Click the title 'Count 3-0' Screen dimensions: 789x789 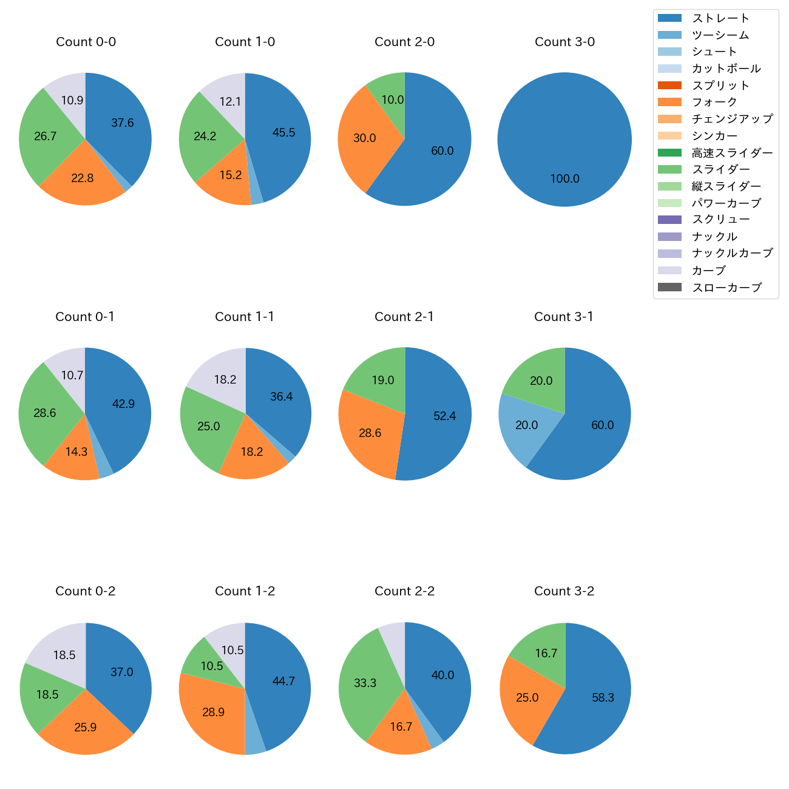[x=564, y=42]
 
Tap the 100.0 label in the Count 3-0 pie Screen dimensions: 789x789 [x=565, y=179]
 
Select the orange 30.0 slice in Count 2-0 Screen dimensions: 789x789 [x=364, y=138]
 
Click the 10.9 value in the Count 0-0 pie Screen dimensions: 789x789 [x=72, y=101]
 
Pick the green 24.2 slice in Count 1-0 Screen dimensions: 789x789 [x=205, y=137]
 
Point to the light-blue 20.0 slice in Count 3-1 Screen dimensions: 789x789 [x=526, y=425]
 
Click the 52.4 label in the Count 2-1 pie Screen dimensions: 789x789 [x=445, y=416]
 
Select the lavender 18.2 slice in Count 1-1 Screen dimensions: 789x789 [x=225, y=380]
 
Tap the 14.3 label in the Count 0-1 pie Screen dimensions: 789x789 [x=76, y=452]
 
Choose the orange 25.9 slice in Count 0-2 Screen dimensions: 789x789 [x=86, y=727]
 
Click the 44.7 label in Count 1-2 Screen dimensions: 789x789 [x=283, y=682]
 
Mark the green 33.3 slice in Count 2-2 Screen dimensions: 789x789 [x=365, y=683]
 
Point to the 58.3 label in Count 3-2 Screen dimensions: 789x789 [x=603, y=698]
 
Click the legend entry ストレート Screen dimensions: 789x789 [x=720, y=18]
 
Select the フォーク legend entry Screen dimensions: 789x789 [x=714, y=102]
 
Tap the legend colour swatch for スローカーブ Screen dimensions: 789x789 [x=669, y=287]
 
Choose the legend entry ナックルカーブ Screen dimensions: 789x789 [x=732, y=253]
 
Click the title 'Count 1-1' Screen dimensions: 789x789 [x=245, y=317]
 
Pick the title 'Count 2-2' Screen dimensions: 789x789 [x=404, y=591]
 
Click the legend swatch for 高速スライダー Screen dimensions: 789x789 [x=669, y=153]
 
